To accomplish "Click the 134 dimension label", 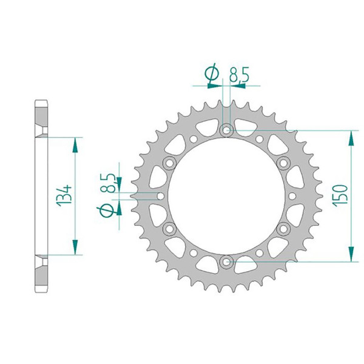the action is coord(64,196).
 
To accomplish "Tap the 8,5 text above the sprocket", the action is coord(239,75).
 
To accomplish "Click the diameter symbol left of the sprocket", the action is coord(107,211).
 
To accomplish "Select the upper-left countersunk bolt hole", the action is coord(169,163).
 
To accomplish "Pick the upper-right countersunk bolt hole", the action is coord(283,163).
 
